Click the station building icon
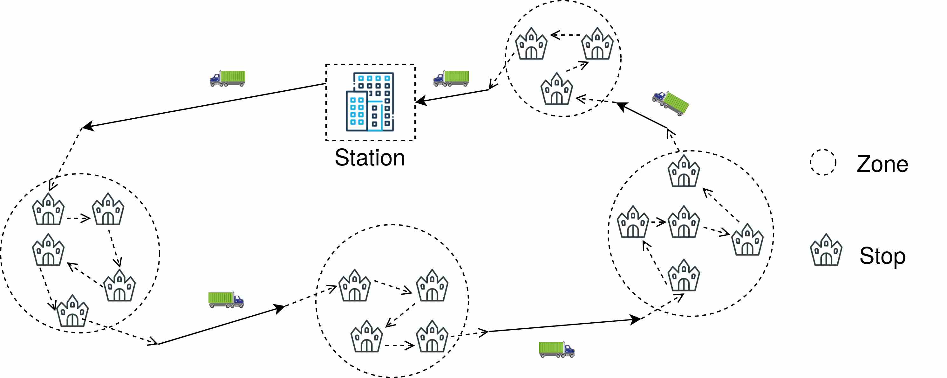pyautogui.click(x=370, y=101)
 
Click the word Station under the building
pyautogui.click(x=370, y=158)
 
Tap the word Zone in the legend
pyautogui.click(x=882, y=164)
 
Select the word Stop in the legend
pyautogui.click(x=882, y=256)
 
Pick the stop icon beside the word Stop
pyautogui.click(x=826, y=249)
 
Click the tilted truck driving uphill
pyautogui.click(x=671, y=103)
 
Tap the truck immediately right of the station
pyautogui.click(x=451, y=78)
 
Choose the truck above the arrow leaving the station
pyautogui.click(x=227, y=78)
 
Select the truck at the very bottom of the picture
pyautogui.click(x=556, y=350)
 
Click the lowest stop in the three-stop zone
pyautogui.click(x=556, y=89)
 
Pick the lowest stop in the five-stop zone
pyautogui.click(x=72, y=311)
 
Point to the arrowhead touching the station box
pyautogui.click(x=421, y=101)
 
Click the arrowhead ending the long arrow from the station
pyautogui.click(x=87, y=126)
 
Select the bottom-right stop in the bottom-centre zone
pyautogui.click(x=432, y=336)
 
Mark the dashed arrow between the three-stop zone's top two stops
pyautogui.click(x=566, y=35)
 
